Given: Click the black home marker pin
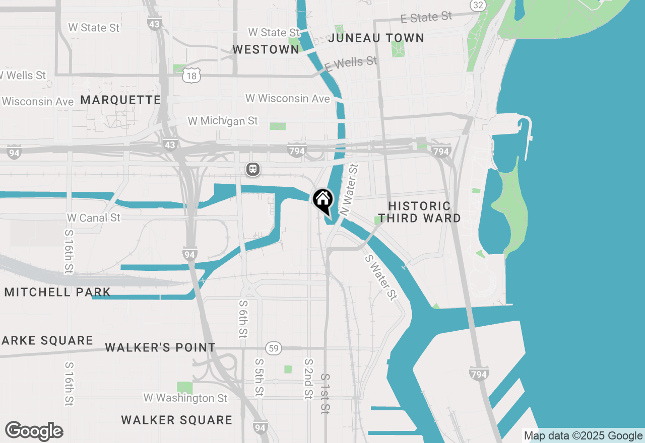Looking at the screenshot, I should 322,200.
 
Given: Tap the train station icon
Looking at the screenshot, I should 253,169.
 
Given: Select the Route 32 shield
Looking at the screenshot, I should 478,5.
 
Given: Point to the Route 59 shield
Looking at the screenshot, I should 274,348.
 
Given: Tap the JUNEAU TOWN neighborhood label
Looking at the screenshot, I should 376,38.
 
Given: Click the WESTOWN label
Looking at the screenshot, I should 266,49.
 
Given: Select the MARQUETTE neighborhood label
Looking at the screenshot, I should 120,100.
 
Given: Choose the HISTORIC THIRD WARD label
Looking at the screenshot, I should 419,212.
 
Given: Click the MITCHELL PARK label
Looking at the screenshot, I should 57,292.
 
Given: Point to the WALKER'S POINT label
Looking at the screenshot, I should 160,347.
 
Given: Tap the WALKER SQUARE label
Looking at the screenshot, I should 177,420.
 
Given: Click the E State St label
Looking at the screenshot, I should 426,18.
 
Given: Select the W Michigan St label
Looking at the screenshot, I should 223,121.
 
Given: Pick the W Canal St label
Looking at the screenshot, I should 94,218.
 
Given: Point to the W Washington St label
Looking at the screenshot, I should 185,398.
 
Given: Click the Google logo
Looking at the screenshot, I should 34,431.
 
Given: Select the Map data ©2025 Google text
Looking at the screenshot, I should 583,436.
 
